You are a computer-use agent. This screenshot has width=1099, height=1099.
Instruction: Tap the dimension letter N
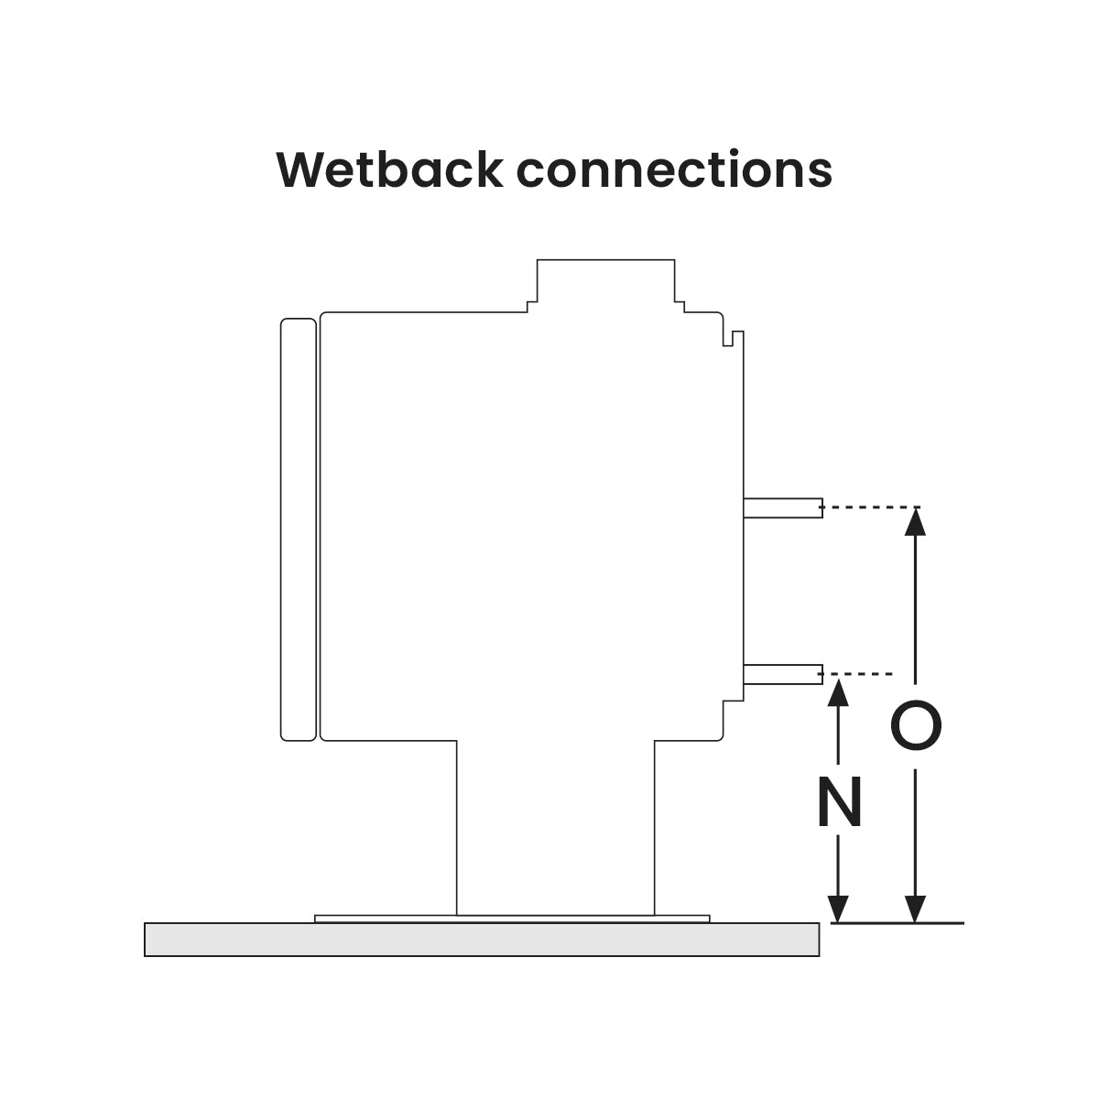click(x=839, y=802)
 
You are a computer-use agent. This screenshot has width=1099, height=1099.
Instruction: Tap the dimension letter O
click(x=916, y=726)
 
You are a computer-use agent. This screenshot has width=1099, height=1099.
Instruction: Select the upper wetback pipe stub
click(x=783, y=508)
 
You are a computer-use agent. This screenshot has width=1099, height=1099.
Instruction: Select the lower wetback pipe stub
click(x=783, y=675)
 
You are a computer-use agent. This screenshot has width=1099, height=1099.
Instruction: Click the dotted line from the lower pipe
click(x=861, y=674)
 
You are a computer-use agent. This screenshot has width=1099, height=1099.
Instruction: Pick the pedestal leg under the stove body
click(x=555, y=824)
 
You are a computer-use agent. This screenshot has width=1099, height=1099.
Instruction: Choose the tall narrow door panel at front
click(x=298, y=528)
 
